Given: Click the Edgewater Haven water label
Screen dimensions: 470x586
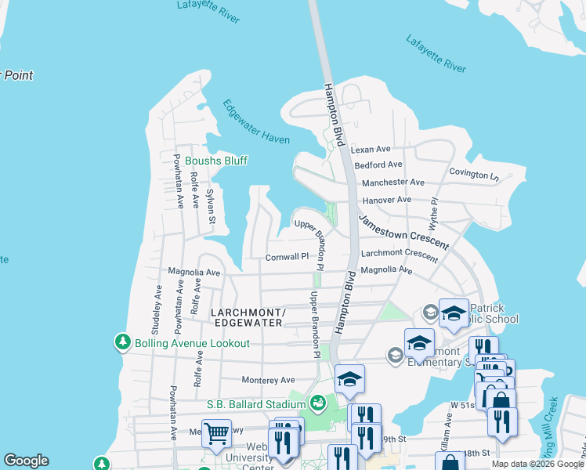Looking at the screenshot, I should tap(255, 121).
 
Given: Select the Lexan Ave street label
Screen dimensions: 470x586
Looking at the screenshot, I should tap(371, 149).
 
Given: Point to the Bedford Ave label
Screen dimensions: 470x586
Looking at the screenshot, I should tap(378, 165).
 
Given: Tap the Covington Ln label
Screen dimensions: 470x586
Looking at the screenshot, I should tap(473, 173).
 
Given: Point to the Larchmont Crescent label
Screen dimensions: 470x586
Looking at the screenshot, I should tap(399, 255).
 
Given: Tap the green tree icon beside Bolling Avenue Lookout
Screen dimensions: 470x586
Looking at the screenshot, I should tap(122, 342).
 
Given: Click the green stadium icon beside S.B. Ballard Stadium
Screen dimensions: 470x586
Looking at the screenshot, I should tap(317, 403).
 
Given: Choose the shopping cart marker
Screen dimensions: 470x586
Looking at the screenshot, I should tap(217, 432).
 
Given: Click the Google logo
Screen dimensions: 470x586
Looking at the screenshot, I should tap(26, 461).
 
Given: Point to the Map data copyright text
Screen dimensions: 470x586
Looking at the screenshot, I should tap(537, 464).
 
